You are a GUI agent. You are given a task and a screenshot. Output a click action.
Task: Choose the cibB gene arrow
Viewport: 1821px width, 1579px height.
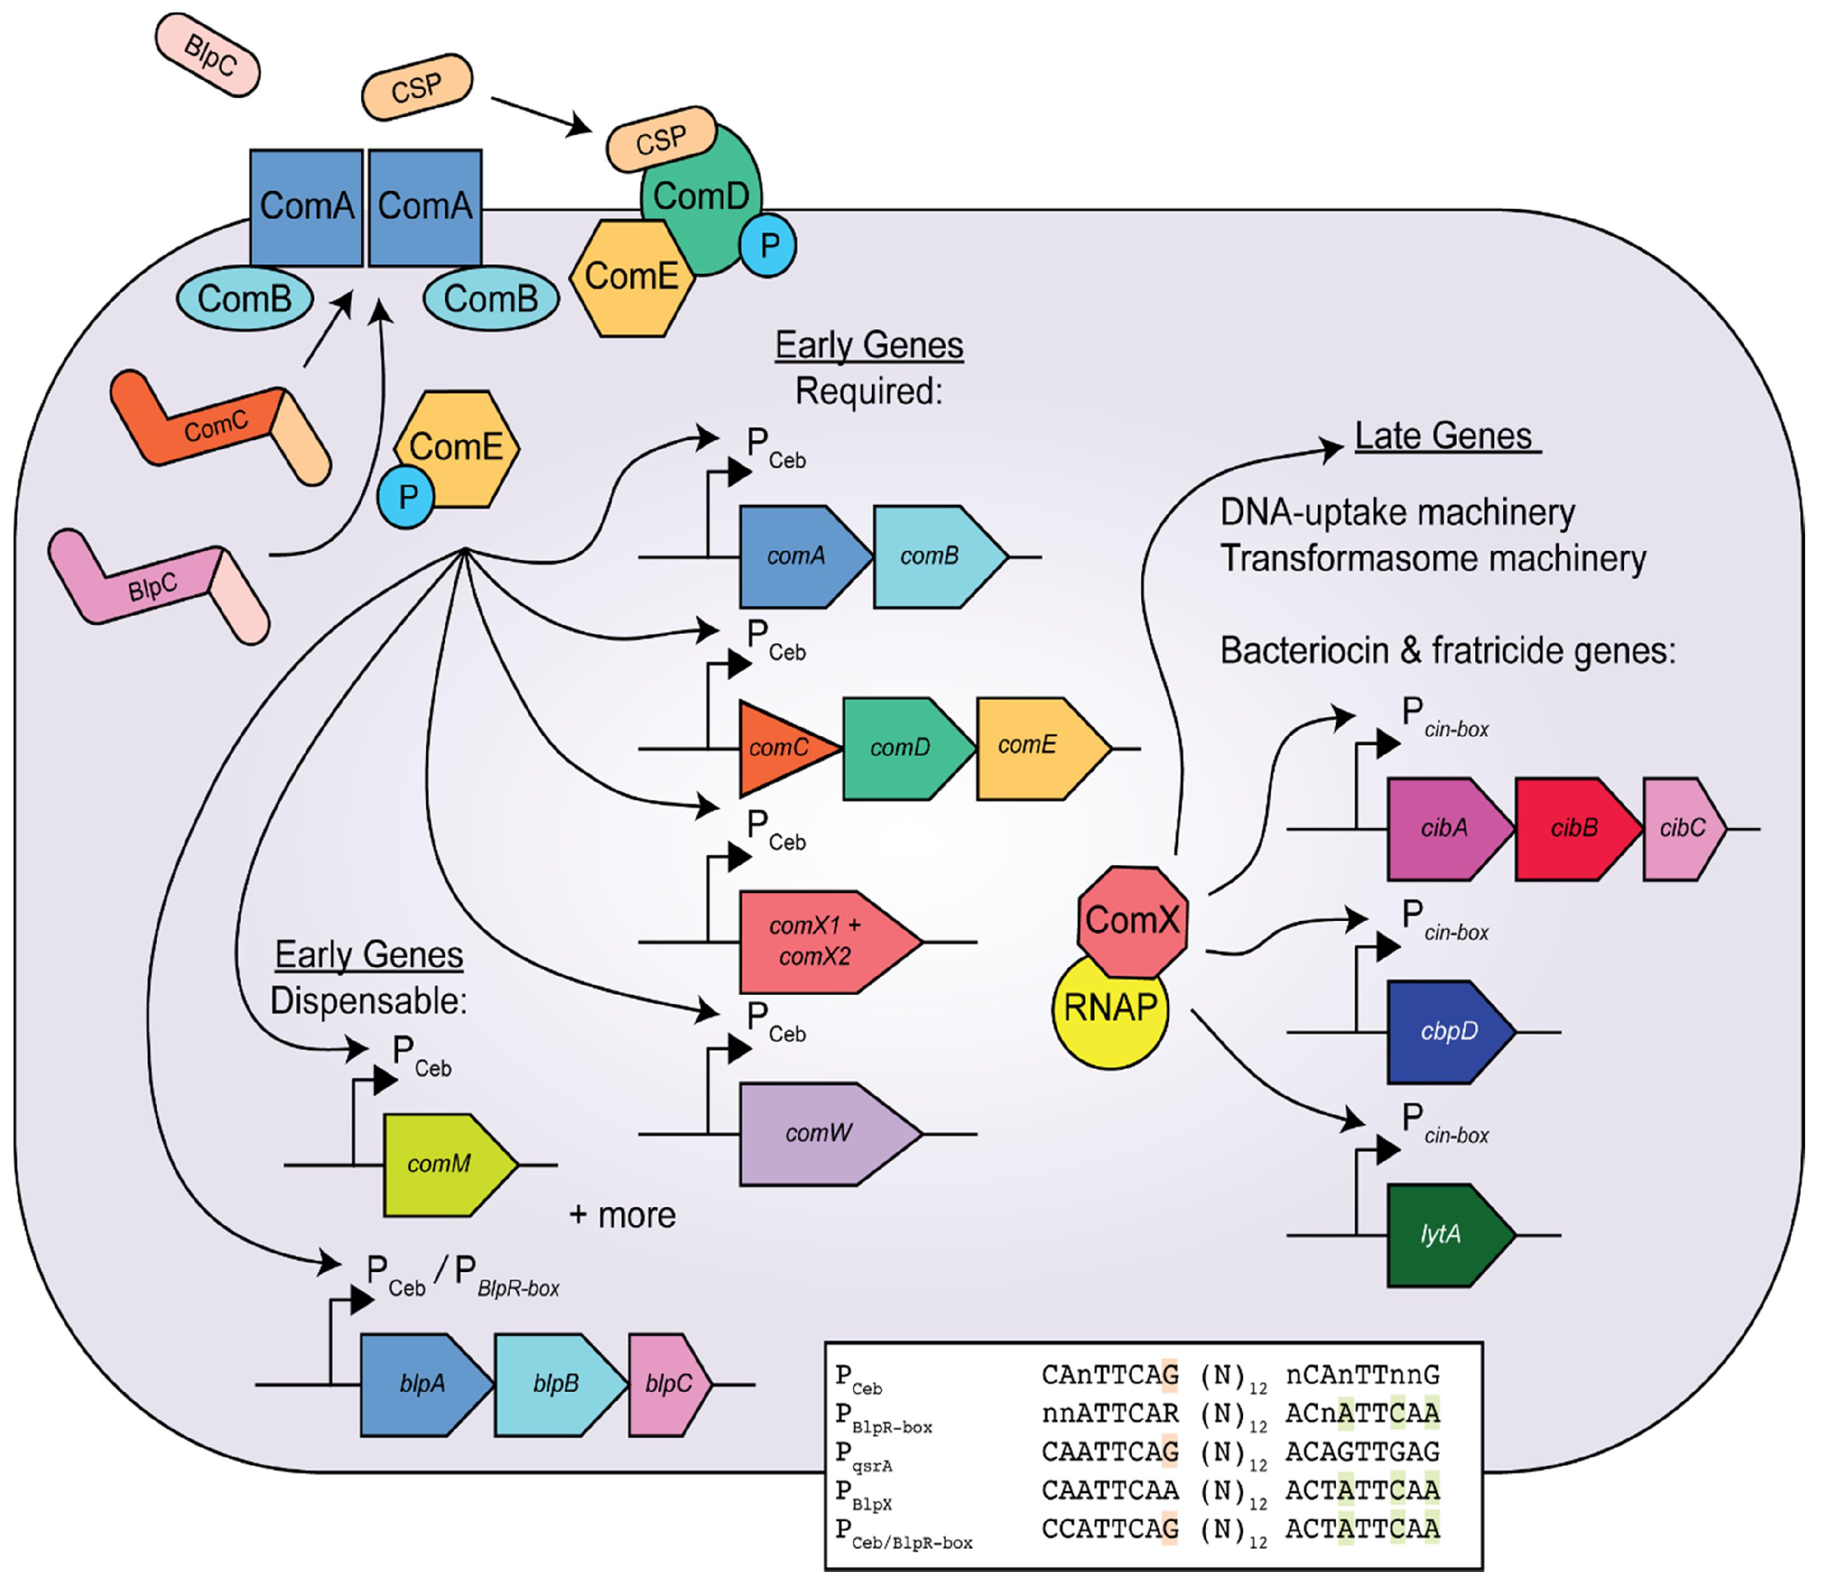(x=1574, y=828)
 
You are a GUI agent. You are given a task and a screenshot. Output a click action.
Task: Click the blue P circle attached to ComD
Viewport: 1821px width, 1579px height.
(x=768, y=245)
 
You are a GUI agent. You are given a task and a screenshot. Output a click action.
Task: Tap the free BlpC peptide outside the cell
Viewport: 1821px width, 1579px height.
(x=208, y=55)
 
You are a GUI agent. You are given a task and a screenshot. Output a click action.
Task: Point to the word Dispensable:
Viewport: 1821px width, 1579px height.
(x=368, y=1001)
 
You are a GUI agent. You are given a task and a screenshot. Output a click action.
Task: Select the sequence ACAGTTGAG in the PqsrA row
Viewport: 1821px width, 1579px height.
(x=1361, y=1451)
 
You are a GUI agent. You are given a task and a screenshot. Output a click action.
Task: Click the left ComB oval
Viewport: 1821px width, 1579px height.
(x=245, y=299)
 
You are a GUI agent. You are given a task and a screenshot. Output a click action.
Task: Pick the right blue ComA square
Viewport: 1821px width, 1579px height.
(x=425, y=207)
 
